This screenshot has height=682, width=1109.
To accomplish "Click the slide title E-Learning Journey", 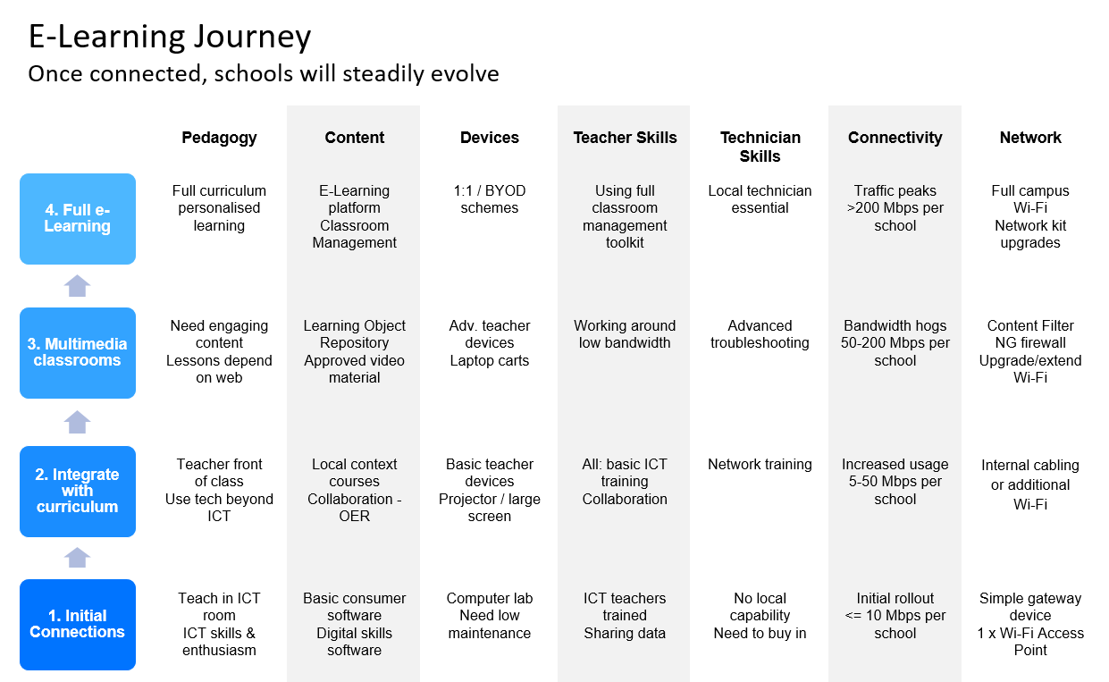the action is click(x=170, y=37).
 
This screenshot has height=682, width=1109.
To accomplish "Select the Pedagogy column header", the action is click(x=219, y=138).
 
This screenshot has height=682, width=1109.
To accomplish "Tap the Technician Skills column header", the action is click(x=760, y=147).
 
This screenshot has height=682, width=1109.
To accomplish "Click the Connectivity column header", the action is click(x=895, y=137).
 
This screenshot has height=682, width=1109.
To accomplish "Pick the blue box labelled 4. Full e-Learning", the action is click(x=78, y=218).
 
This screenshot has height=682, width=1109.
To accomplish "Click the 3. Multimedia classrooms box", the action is click(x=78, y=353).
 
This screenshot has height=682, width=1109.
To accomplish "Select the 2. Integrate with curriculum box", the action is click(x=78, y=492).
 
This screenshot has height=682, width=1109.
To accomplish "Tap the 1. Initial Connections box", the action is click(x=78, y=625).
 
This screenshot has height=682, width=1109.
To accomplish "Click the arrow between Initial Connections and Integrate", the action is click(x=77, y=558).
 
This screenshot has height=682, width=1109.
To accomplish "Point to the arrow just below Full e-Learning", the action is click(x=77, y=286).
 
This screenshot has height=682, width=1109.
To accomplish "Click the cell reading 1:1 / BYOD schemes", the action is click(x=490, y=199).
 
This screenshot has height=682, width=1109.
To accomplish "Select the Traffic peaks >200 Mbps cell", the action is click(x=895, y=208).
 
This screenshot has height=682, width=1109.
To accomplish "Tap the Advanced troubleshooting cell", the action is click(x=760, y=334).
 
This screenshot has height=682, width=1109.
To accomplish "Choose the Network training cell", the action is click(x=760, y=464).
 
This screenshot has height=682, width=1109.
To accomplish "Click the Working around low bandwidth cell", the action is click(x=625, y=334).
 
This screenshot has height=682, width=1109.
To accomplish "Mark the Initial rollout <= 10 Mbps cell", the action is click(x=895, y=616).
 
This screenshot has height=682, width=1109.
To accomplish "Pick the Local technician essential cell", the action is click(x=760, y=199).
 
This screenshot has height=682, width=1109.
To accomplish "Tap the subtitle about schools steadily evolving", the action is click(x=264, y=74).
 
